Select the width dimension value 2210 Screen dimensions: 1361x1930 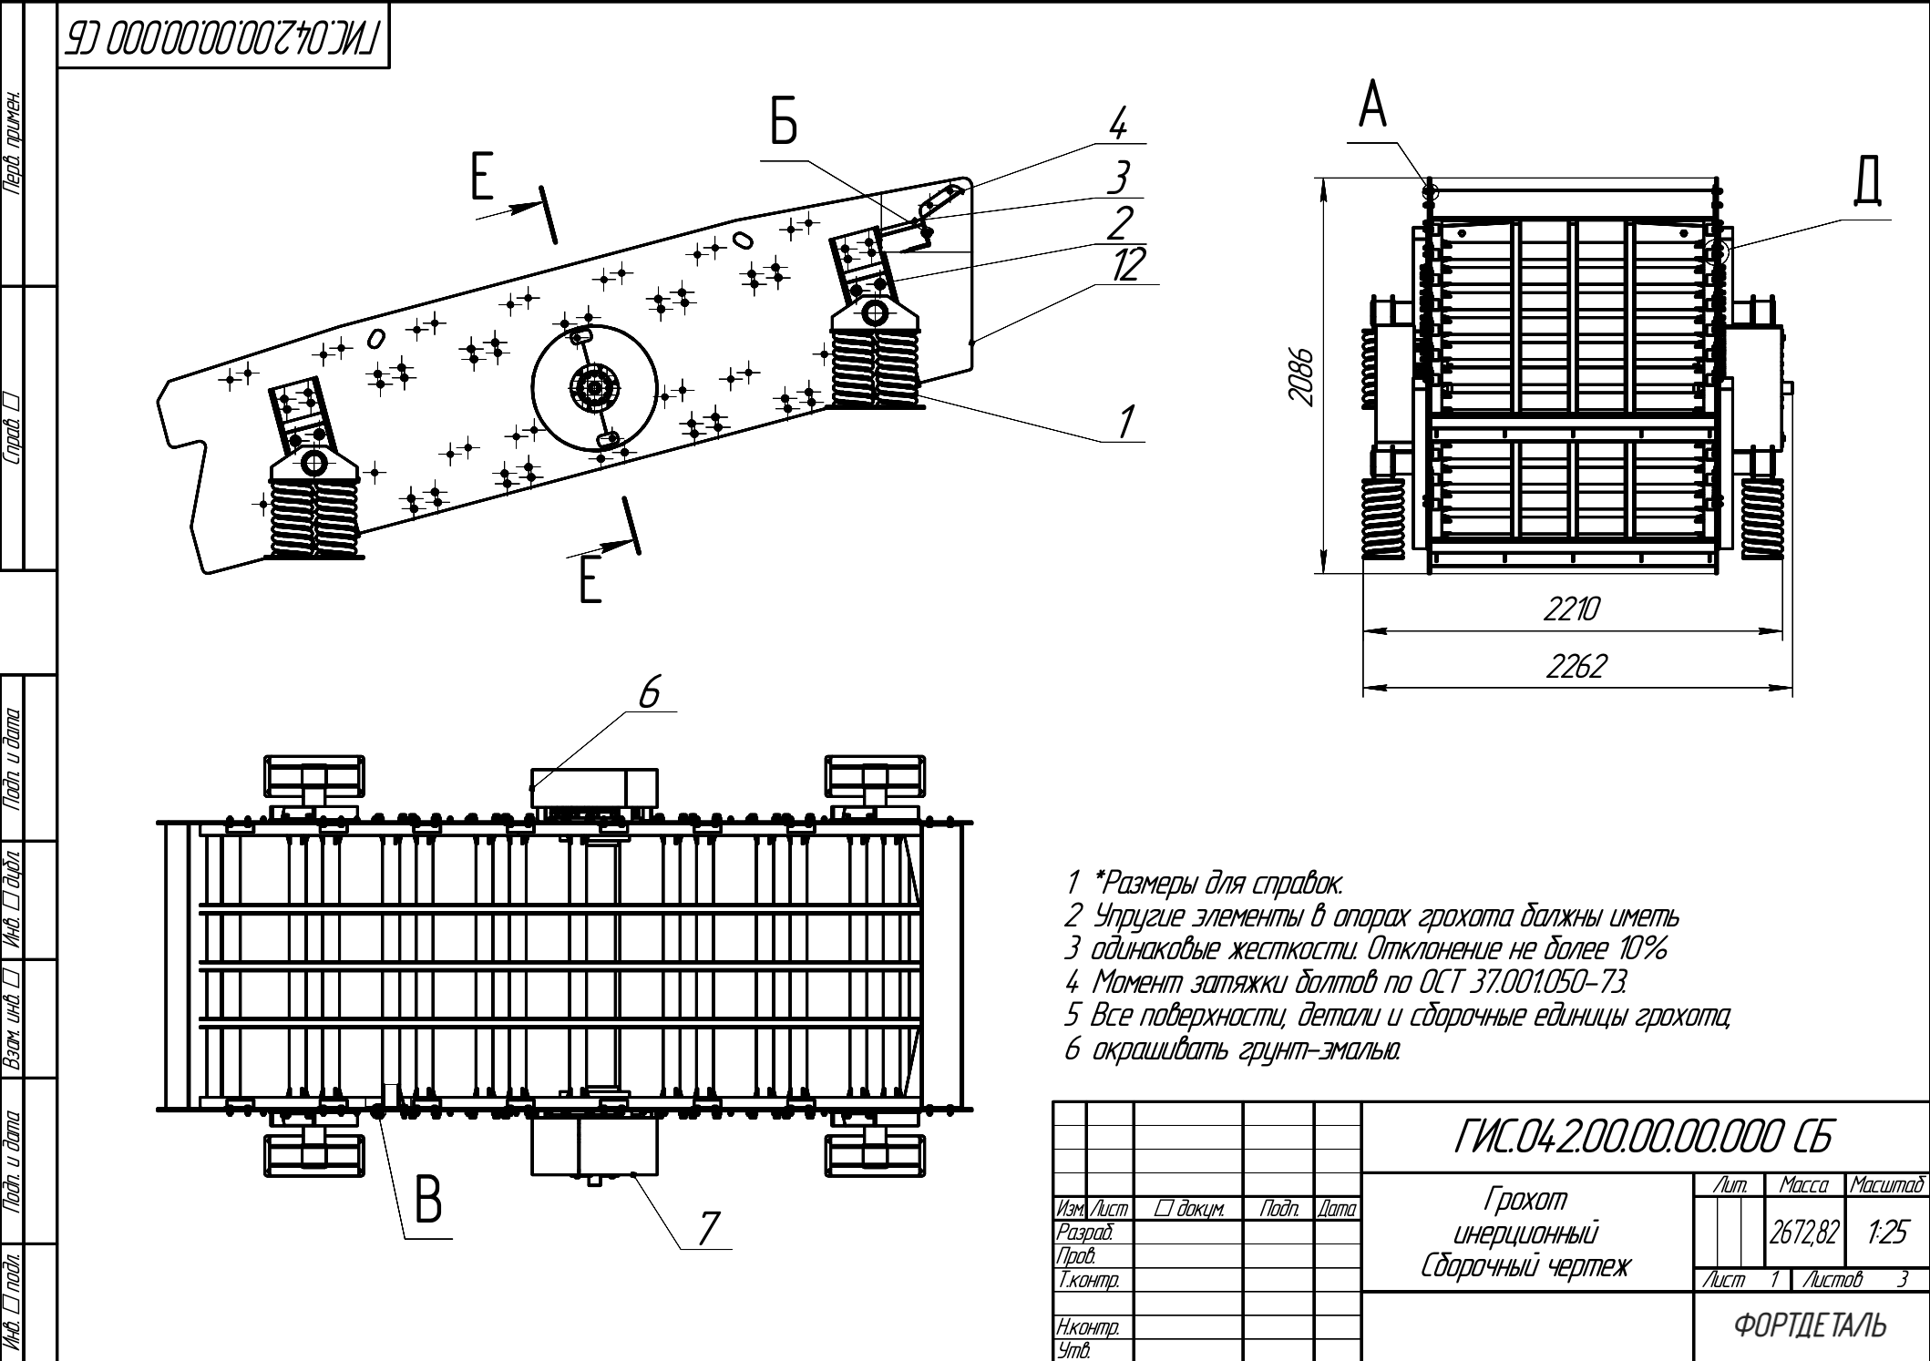(x=1572, y=609)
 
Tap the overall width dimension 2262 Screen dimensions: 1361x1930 (x=1576, y=667)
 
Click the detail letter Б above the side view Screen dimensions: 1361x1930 (x=784, y=124)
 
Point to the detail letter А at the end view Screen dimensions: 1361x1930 (x=1373, y=106)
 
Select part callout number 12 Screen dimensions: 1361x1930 (x=1128, y=265)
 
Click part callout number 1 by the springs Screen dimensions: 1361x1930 (x=1126, y=422)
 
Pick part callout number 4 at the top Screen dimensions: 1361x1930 (x=1119, y=124)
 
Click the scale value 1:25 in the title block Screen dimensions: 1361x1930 (x=1886, y=1233)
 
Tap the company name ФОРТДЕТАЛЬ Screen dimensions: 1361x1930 (x=1810, y=1325)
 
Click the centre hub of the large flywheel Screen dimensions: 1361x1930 (x=594, y=389)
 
